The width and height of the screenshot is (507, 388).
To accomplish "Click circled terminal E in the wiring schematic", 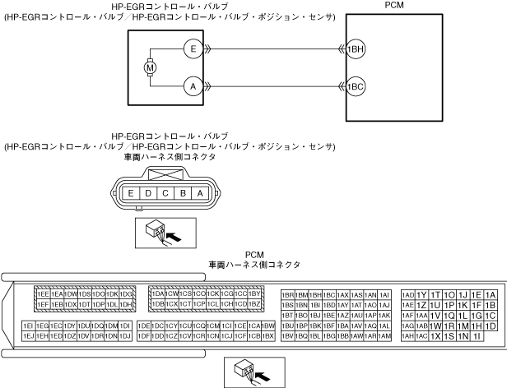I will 192,48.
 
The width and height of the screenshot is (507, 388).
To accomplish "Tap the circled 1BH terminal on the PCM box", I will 356,48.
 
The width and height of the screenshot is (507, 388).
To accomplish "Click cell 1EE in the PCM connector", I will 43,293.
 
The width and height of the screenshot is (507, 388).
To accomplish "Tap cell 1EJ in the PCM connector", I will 29,336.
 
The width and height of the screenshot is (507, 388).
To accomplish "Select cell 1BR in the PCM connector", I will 288,294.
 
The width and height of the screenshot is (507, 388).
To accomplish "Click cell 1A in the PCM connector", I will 491,294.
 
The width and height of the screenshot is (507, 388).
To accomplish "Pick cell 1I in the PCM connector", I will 477,336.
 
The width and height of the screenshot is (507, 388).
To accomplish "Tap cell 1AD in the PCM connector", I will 407,294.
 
